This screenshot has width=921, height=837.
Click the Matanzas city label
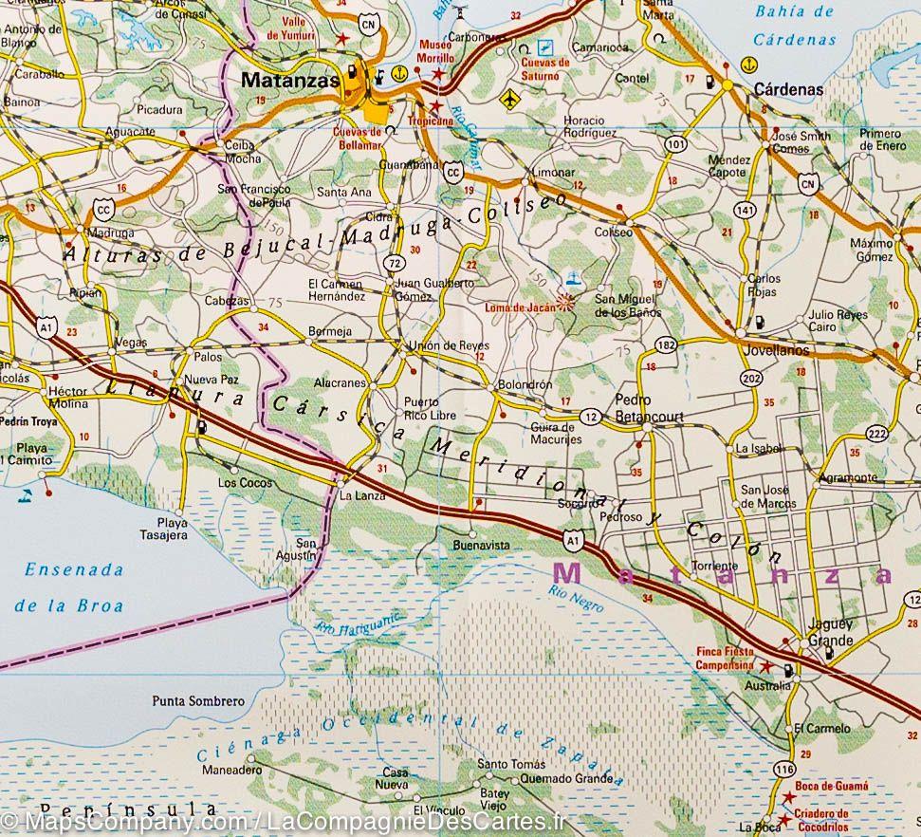[289, 82]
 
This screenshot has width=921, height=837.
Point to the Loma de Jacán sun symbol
[566, 303]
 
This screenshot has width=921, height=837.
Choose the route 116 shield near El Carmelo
[783, 767]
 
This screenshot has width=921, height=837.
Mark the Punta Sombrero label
[197, 701]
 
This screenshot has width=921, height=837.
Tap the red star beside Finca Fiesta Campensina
[764, 667]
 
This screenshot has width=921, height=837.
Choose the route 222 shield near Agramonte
[876, 434]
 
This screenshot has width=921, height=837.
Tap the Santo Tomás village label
[511, 764]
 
